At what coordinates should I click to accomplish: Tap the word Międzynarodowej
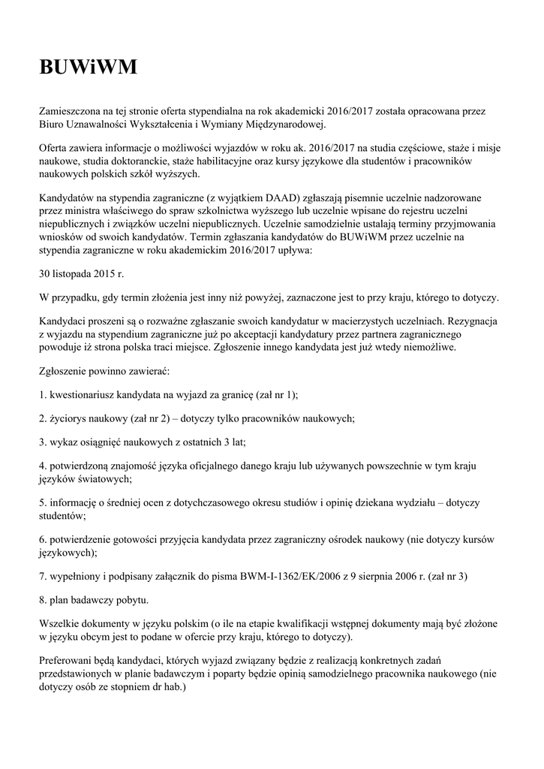coord(285,124)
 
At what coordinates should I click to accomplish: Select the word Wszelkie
coord(62,624)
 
